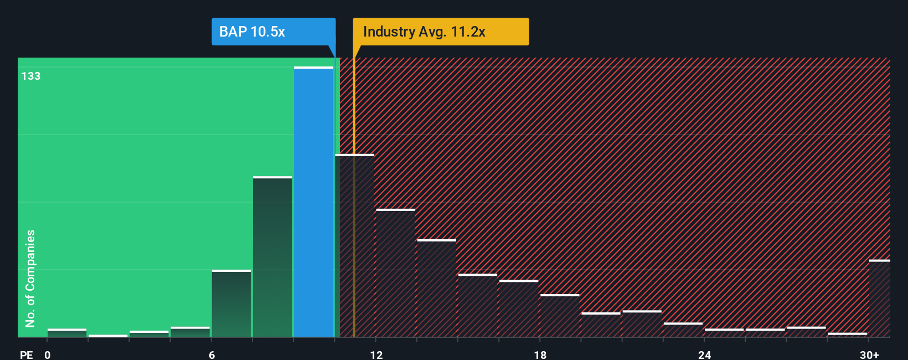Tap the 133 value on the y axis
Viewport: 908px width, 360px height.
click(31, 76)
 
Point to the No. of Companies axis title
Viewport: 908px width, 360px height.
click(30, 278)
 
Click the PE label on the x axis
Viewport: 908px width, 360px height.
click(27, 354)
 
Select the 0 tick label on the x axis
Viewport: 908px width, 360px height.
click(48, 354)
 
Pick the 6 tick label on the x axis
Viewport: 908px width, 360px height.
click(211, 354)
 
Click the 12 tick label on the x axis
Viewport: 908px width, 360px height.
click(376, 354)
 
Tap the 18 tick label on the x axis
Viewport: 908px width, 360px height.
click(540, 354)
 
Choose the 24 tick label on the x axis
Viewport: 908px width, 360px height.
click(704, 354)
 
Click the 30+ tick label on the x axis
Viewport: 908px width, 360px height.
click(869, 354)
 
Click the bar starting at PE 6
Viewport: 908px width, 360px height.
click(231, 304)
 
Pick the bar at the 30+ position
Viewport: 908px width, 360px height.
click(879, 299)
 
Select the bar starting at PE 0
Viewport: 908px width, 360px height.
click(67, 333)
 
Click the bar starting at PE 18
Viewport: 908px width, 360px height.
click(560, 316)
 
